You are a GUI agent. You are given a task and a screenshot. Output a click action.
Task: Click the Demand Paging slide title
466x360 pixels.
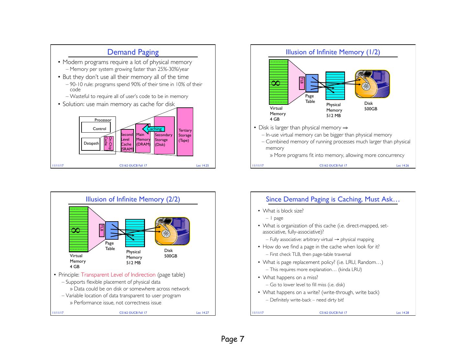(133, 52)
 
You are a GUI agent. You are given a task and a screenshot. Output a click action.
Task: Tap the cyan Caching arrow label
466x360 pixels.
(154, 129)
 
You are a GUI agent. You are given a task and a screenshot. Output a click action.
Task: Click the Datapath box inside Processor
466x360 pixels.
(91, 143)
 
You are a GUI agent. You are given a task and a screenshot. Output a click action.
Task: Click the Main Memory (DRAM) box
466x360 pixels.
(143, 139)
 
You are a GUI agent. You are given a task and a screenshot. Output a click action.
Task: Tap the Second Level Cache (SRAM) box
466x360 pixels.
(127, 141)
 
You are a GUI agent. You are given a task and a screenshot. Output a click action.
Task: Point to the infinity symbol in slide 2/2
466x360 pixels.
(75, 230)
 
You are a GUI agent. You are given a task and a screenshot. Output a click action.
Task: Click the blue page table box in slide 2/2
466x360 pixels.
(112, 230)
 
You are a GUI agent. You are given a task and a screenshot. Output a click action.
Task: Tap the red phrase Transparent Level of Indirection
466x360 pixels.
(118, 275)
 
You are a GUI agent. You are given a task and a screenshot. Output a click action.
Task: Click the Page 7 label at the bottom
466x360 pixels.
(233, 339)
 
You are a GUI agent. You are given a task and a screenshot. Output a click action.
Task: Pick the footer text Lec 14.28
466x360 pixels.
(403, 313)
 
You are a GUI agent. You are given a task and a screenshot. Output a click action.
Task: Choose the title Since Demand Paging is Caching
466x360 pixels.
(333, 199)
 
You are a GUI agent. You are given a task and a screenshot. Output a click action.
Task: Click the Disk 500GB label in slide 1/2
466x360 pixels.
(371, 106)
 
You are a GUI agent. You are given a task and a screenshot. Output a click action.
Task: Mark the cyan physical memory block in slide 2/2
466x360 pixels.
(135, 233)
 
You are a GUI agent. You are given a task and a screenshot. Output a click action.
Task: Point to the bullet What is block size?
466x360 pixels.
(283, 211)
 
